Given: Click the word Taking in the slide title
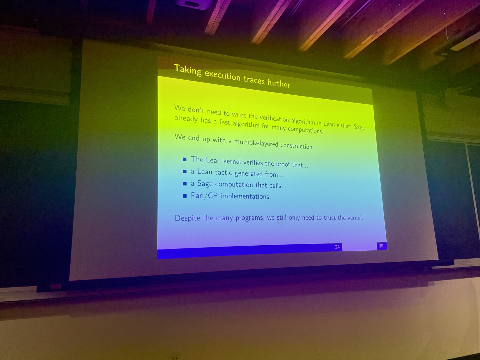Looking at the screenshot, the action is coord(187,70).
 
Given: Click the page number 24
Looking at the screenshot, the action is coord(337,247).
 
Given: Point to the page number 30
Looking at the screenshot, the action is coord(381,246).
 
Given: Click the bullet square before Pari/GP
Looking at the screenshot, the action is coord(185,196).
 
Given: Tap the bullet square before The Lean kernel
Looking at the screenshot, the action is coord(185,160).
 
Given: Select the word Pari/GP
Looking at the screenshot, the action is coord(204,195).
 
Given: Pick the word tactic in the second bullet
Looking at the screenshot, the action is coord(223,172).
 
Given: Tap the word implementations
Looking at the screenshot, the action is coord(245,196).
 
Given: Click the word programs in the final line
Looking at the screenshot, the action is coord(249,218).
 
